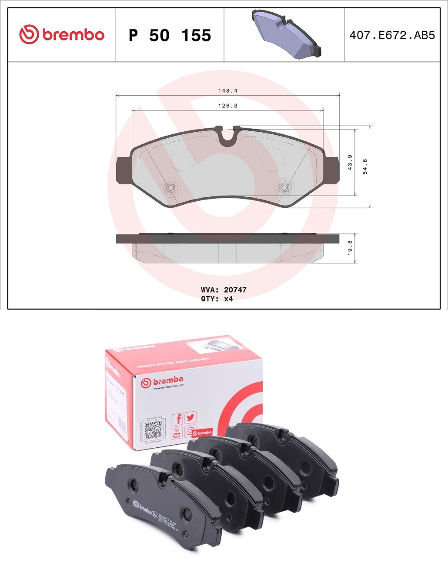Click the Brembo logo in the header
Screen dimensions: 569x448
pos(62,35)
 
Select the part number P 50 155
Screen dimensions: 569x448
pos(170,35)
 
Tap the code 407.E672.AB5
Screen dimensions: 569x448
pos(392,35)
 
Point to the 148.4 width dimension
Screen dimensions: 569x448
pos(228,91)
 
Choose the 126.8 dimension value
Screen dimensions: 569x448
pos(228,106)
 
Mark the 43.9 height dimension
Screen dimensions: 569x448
pos(350,162)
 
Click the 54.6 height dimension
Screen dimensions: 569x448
pos(365,166)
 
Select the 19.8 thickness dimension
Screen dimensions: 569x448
pos(350,248)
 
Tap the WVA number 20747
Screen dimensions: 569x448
pos(235,290)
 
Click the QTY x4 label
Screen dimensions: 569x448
pos(217,299)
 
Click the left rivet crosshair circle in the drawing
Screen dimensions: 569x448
pos(170,188)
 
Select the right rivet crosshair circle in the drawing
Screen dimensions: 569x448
pos(284,188)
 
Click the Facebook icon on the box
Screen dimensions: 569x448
pos(177,419)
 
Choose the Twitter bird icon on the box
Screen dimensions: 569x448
pos(191,417)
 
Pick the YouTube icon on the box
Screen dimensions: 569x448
pos(177,433)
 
